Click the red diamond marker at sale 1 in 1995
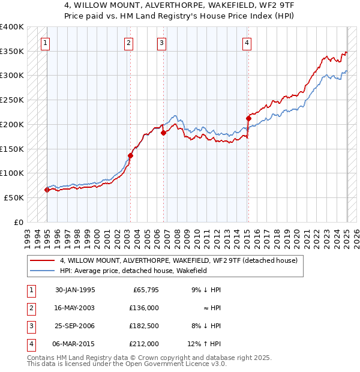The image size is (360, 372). (x=47, y=190)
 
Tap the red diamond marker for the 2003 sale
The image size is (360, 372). (x=130, y=156)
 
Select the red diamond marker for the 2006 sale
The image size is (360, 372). (x=163, y=133)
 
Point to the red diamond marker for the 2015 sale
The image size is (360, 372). (x=248, y=119)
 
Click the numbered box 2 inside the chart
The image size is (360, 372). (x=128, y=44)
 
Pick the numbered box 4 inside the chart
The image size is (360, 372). (x=247, y=44)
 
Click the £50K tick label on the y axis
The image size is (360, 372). (x=14, y=198)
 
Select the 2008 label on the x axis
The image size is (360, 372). (x=176, y=239)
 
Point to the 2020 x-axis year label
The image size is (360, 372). (x=296, y=239)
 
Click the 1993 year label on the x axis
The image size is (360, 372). (x=27, y=239)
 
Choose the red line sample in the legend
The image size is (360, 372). (x=42, y=260)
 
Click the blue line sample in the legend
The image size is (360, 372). (x=42, y=271)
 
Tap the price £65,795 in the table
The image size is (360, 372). (x=146, y=290)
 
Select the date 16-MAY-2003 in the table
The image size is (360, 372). (x=74, y=308)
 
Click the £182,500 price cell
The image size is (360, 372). (x=144, y=326)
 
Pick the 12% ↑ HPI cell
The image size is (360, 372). (x=204, y=344)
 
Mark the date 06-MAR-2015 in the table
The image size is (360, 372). (x=73, y=344)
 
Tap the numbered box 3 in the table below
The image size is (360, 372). (x=32, y=326)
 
